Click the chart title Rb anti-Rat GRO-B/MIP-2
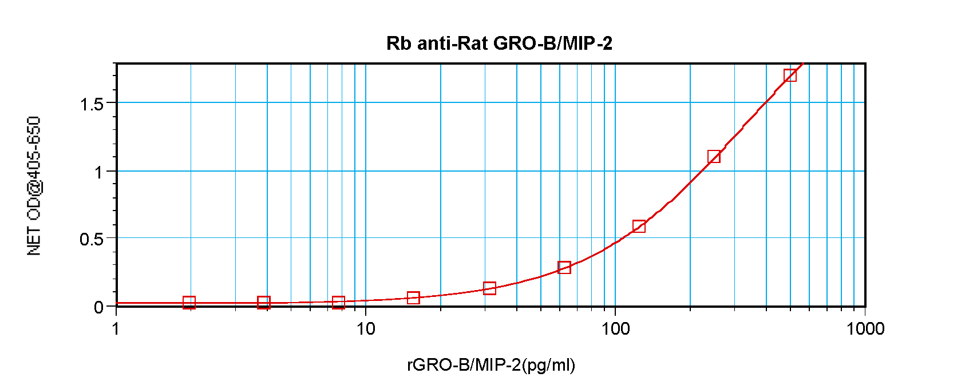499,43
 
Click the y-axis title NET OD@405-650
34,186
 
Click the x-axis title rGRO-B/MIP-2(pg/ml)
491,365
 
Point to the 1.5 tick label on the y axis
92,104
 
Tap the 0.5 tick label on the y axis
92,239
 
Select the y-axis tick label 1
99,172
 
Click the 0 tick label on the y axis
98,307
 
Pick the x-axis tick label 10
365,329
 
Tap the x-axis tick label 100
615,329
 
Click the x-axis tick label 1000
865,329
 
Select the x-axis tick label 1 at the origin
117,329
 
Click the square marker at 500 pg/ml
790,75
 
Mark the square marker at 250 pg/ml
714,157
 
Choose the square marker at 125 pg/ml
639,226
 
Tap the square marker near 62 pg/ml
564,267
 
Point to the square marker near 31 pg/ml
489,288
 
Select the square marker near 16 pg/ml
413,297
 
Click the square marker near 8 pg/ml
338,302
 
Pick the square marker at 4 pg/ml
263,303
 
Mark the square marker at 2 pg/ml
189,303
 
